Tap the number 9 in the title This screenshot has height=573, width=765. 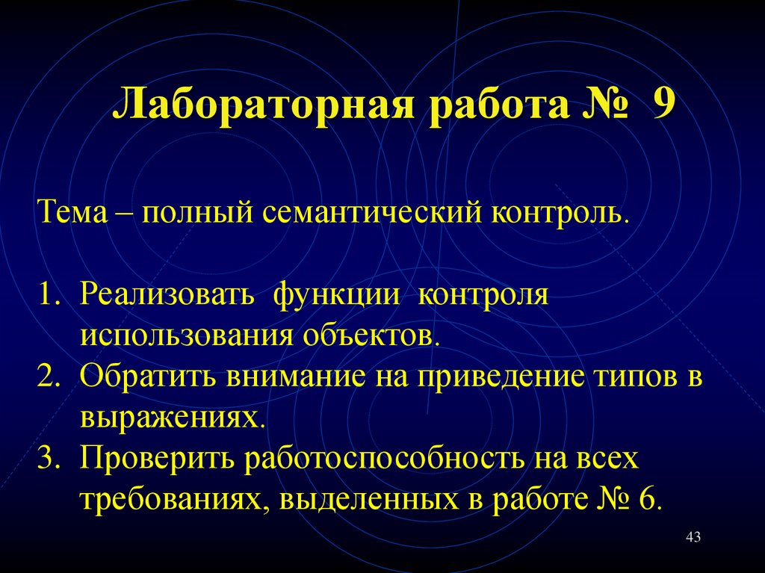[x=662, y=104]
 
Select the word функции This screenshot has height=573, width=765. [x=335, y=295]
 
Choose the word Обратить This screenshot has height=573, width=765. [x=148, y=376]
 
